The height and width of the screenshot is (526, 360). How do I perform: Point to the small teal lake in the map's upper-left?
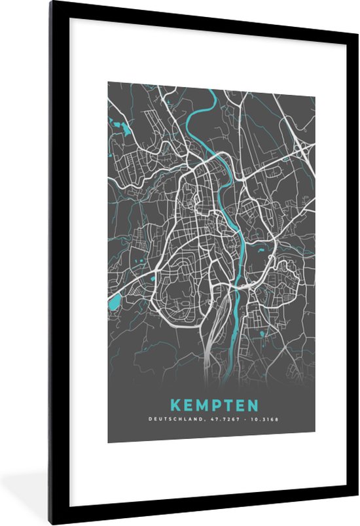pyautogui.click(x=120, y=124)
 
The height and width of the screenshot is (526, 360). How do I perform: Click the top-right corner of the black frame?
pyautogui.click(x=356, y=3)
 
